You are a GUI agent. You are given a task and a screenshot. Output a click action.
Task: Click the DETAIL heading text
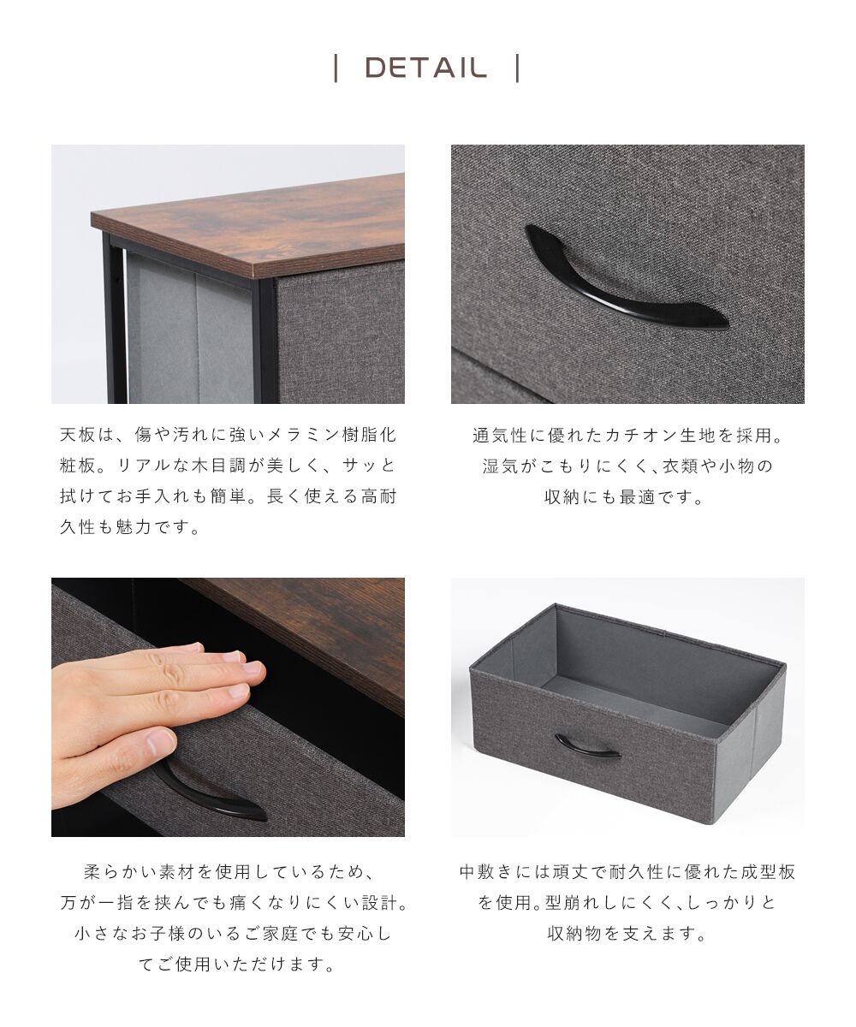pos(425,68)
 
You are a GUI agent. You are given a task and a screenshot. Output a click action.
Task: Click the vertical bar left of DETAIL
pos(336,68)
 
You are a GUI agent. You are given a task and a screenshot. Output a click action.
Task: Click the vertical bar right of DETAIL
pos(518,68)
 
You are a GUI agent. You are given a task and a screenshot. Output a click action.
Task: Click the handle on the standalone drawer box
pos(587,747)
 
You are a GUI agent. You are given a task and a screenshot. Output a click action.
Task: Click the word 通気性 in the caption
pos(502,435)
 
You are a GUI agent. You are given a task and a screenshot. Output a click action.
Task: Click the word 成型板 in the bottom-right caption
pos(767,872)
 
